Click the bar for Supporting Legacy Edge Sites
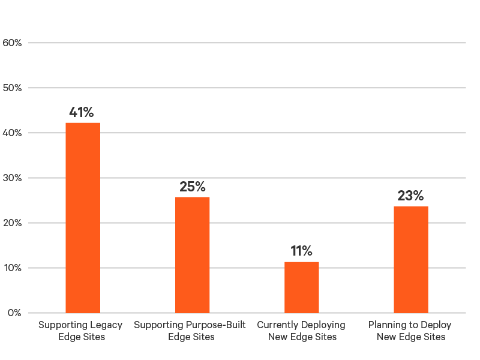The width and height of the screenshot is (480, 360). [83, 217]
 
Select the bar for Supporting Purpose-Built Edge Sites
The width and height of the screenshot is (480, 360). [192, 254]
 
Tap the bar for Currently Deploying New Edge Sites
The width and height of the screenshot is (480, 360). [302, 287]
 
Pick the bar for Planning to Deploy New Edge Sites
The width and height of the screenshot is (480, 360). [411, 259]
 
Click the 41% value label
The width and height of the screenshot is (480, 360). [81, 112]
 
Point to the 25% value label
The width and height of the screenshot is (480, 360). [192, 187]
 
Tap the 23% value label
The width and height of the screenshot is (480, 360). [410, 196]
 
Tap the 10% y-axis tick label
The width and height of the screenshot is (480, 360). [13, 268]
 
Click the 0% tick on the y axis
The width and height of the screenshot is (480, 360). [15, 313]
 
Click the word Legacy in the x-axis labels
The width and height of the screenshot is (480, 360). [107, 325]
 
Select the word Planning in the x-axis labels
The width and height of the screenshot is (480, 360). [388, 325]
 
